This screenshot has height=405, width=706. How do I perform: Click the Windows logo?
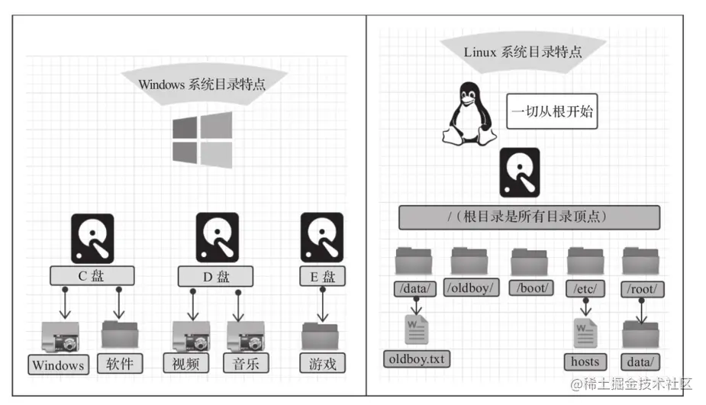(x=202, y=141)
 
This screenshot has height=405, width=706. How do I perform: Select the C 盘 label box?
(x=92, y=275)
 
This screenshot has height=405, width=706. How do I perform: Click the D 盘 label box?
(x=217, y=275)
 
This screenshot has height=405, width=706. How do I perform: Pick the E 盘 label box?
(x=321, y=275)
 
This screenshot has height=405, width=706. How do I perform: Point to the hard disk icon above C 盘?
(x=92, y=238)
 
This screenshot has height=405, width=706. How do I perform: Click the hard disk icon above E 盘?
(x=321, y=238)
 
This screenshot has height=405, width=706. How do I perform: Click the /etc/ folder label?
(x=586, y=288)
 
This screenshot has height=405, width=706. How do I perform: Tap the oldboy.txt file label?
(x=417, y=357)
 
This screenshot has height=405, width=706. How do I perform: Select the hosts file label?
(x=585, y=361)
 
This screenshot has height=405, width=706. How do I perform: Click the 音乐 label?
(x=246, y=363)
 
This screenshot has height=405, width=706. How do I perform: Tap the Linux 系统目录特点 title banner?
(x=523, y=52)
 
